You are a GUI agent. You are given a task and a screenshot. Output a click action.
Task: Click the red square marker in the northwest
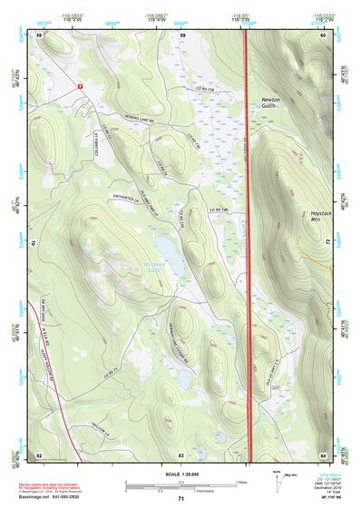(x=81, y=84)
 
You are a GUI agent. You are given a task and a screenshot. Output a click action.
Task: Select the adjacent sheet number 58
(x=39, y=34)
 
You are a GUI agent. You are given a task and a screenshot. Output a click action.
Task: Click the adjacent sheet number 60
(x=323, y=34)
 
